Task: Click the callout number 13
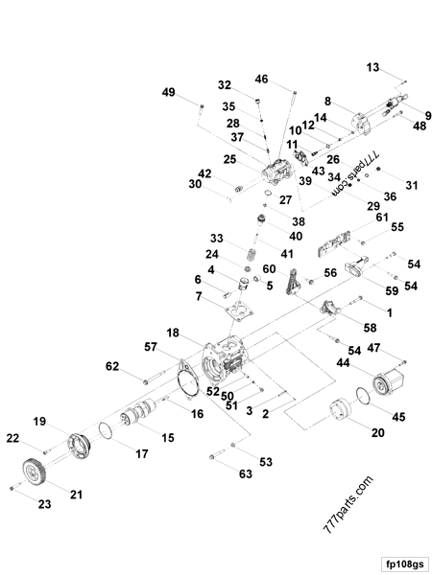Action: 372,66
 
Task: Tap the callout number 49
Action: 169,92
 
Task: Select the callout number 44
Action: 343,363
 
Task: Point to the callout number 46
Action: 261,78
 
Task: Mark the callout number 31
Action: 386,185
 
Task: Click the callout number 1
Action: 389,313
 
